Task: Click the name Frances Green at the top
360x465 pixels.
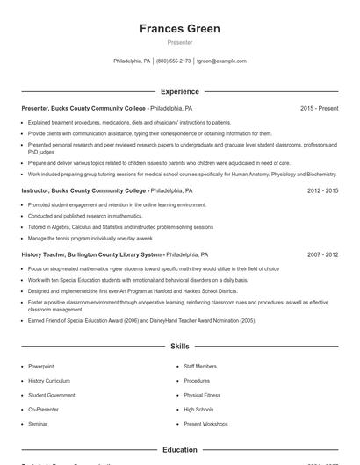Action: click(x=179, y=29)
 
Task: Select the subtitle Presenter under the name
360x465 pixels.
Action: click(x=179, y=42)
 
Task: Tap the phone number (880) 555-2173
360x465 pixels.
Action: click(x=173, y=61)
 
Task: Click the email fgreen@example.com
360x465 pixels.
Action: click(x=221, y=61)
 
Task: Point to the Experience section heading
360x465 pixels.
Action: click(x=179, y=91)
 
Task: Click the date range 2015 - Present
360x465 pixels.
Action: click(x=319, y=108)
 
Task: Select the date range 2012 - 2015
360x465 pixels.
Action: click(x=322, y=190)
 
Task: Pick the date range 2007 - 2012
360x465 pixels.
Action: click(x=322, y=254)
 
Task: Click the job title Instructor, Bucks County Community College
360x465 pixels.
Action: click(x=83, y=190)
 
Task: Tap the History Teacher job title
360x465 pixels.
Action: click(x=91, y=254)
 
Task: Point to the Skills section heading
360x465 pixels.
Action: click(x=179, y=347)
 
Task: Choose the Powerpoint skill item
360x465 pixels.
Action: click(x=40, y=366)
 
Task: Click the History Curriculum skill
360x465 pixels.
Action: click(x=48, y=381)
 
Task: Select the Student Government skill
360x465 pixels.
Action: click(x=51, y=395)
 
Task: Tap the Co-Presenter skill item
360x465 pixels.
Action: click(x=43, y=410)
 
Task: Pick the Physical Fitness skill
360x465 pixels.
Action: click(x=201, y=395)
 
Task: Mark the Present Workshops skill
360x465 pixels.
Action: click(x=205, y=424)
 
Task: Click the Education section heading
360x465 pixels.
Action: click(x=179, y=450)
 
